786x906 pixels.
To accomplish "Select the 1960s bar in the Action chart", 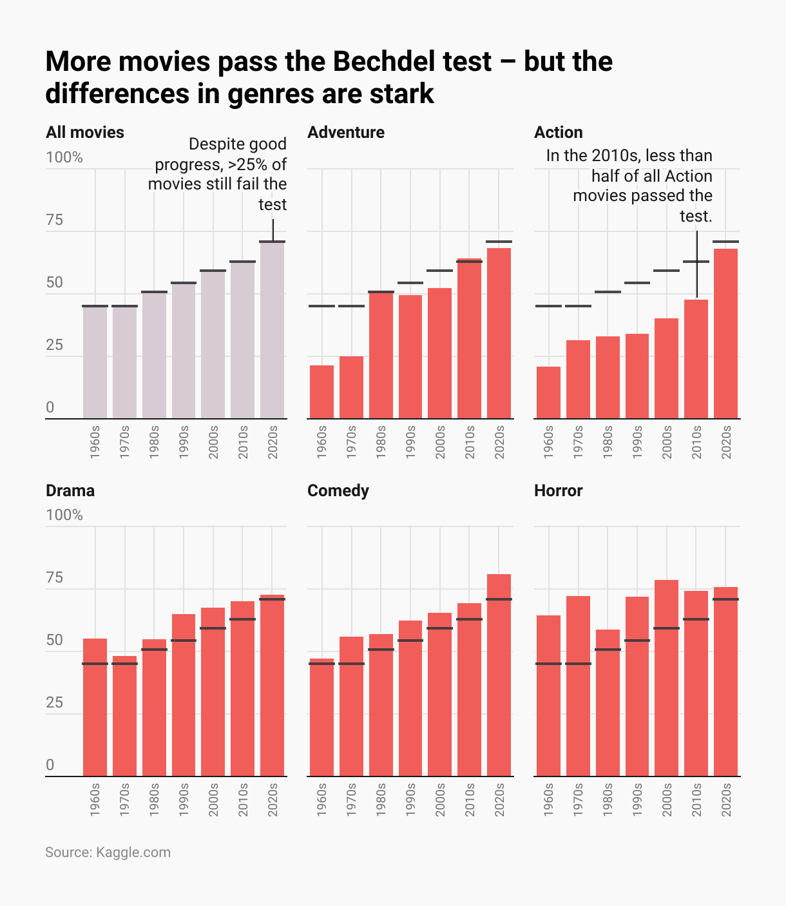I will click(548, 392).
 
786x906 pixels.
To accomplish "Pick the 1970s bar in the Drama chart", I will click(124, 716).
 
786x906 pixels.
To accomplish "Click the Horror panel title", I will click(558, 490).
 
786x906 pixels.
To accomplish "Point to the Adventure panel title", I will click(346, 132).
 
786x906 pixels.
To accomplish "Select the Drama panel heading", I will click(70, 490).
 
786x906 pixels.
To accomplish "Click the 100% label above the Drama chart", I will click(64, 515).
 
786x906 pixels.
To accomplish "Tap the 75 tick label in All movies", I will click(55, 220).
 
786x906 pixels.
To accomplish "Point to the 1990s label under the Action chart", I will click(637, 442).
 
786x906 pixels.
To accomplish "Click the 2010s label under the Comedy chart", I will click(470, 800).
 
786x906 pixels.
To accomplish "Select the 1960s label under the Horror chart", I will click(548, 800).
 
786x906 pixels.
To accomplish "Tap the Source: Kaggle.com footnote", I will click(108, 852).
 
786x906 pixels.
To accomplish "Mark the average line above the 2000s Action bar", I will click(666, 271).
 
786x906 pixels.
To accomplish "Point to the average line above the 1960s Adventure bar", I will click(321, 306).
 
